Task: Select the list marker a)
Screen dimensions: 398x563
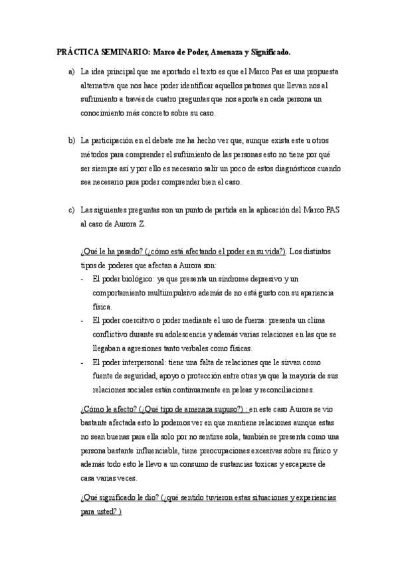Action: click(x=72, y=71)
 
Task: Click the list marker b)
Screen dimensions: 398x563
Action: click(x=72, y=141)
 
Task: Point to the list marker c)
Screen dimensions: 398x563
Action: click(x=72, y=210)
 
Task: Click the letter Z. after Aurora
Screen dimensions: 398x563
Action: click(x=142, y=225)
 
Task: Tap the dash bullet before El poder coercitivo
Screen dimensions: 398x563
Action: click(x=82, y=321)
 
